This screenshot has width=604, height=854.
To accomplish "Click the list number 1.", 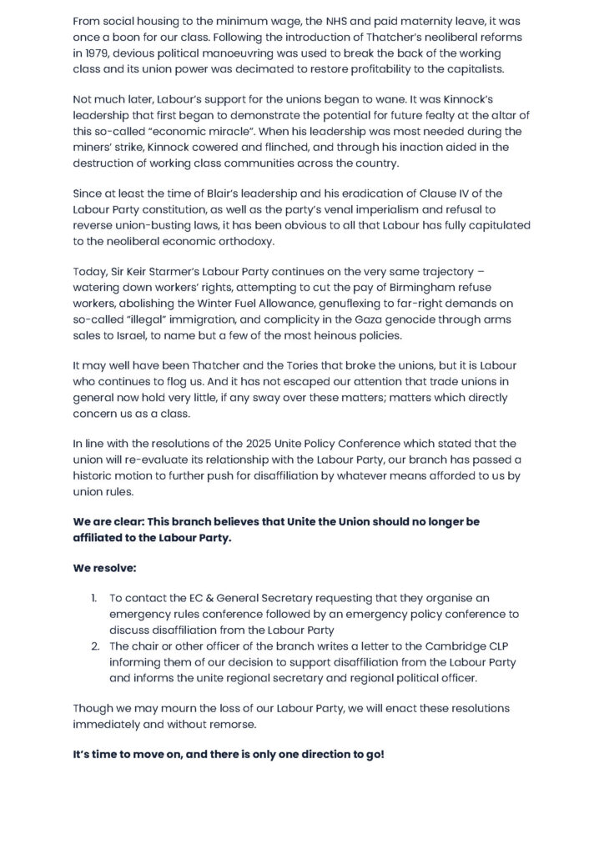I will pos(93,598).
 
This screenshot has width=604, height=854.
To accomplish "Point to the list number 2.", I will pos(93,645).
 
